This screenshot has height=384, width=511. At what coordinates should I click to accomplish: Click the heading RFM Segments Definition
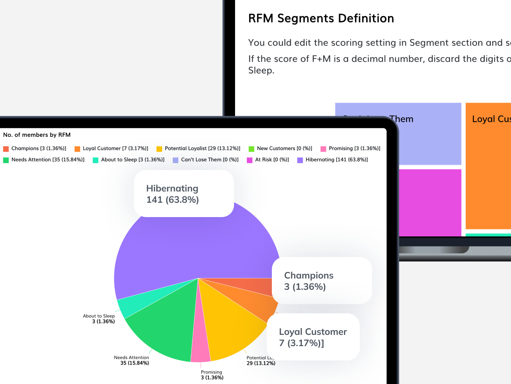[321, 18]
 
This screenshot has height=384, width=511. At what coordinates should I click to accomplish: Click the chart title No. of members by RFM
[37, 135]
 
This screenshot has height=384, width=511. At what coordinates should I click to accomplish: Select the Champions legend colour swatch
[6, 149]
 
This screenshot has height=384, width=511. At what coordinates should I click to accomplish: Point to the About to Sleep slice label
[99, 318]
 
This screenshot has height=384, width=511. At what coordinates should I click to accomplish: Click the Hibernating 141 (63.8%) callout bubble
[184, 194]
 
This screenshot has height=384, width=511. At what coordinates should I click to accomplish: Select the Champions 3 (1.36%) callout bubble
[322, 281]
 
